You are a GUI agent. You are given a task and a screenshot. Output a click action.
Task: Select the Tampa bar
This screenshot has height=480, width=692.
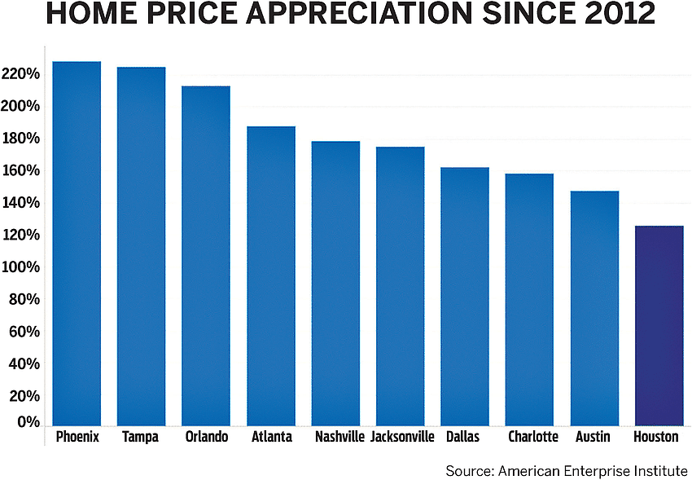coord(141,244)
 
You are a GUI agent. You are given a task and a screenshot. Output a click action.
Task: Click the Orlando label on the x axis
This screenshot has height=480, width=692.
coord(206,437)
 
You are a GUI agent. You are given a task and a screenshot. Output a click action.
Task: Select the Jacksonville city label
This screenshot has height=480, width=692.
coord(402,437)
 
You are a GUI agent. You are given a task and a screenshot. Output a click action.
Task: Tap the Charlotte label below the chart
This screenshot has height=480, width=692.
coord(533,437)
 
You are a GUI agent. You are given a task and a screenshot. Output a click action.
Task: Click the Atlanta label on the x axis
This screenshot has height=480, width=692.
coord(271,437)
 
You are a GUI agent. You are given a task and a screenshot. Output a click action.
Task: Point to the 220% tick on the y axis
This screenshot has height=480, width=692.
coord(20,74)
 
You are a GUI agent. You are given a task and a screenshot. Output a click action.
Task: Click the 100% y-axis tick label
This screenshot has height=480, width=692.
coord(20,267)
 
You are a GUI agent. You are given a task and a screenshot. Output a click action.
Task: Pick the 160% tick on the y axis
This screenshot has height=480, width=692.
coord(20,170)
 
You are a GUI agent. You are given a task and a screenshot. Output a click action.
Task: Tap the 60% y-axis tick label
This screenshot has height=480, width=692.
coord(24,332)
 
